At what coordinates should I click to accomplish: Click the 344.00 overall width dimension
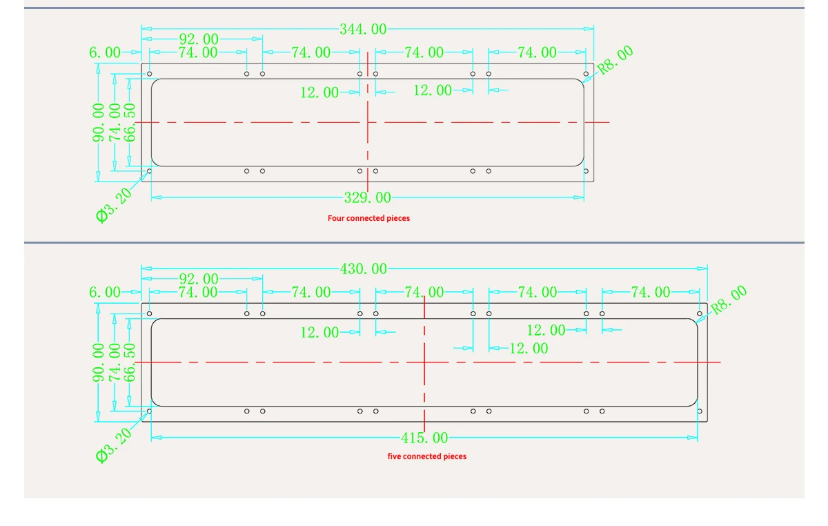(x=363, y=29)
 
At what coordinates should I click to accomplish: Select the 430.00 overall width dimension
(x=364, y=269)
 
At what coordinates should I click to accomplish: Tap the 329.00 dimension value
(x=367, y=198)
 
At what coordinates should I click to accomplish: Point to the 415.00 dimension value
(x=424, y=438)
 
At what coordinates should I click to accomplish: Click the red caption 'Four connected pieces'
(x=368, y=218)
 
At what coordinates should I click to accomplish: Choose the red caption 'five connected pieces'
(x=427, y=456)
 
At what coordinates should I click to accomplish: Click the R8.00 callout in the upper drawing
(x=615, y=59)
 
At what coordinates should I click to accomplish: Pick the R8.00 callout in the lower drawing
(x=729, y=300)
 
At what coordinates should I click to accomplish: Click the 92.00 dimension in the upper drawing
(x=199, y=39)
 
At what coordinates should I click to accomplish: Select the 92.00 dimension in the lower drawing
(x=199, y=279)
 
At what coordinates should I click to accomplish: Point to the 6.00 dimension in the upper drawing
(x=105, y=52)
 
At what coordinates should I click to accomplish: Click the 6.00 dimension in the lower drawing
(x=105, y=292)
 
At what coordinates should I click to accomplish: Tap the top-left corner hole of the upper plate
(x=150, y=74)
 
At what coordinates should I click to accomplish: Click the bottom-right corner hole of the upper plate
(x=586, y=171)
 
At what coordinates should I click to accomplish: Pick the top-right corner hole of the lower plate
(x=700, y=314)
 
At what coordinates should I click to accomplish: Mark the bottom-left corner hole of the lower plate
(x=150, y=411)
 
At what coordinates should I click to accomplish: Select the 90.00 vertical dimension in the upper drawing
(x=99, y=123)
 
